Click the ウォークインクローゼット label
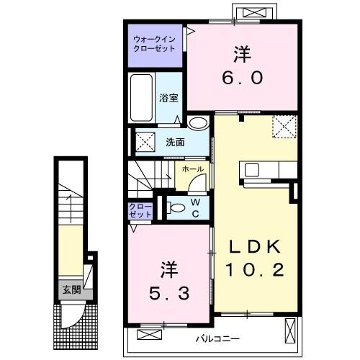coord(154,45)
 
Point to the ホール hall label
coord(192,170)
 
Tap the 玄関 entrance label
coord(70,290)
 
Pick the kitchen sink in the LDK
coord(251,170)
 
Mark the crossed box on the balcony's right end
coord(289,332)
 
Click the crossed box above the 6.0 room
coord(253,12)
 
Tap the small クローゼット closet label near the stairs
coord(140,210)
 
